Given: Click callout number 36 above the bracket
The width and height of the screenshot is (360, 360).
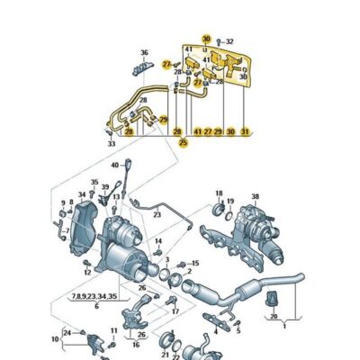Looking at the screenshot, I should tap(144, 52).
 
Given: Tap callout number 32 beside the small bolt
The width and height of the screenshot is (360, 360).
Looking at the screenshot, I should tap(229, 41).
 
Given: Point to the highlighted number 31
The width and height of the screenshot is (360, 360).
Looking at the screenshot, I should tap(245, 132).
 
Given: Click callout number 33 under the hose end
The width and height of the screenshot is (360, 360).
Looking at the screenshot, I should tap(111, 144).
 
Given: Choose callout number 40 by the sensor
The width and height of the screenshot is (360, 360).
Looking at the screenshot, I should tap(115, 166).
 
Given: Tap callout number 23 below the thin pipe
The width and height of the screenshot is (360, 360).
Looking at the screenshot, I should tap(157, 215).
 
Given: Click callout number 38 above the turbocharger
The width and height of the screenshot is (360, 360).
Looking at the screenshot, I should tap(255, 196).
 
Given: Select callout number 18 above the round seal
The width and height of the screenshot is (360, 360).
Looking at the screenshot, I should tap(219, 193).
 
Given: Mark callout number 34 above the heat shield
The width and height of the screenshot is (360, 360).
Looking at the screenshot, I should tap(56, 339).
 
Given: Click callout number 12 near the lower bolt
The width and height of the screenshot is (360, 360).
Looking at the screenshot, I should tap(86, 272).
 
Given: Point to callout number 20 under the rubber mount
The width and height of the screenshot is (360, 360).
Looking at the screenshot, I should tap(274, 329).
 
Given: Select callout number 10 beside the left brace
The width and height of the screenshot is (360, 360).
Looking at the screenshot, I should tap(56, 339).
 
